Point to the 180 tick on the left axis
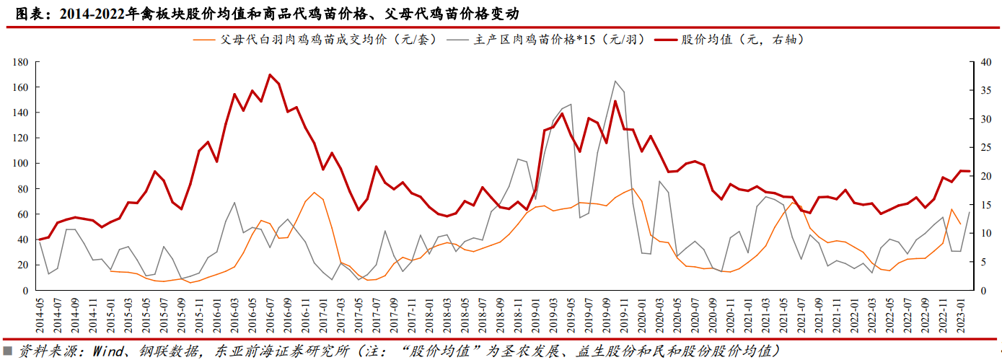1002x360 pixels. tap(19, 62)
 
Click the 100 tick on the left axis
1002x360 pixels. tap(19, 164)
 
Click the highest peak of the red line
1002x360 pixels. tap(270, 74)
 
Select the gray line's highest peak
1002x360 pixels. tap(615, 82)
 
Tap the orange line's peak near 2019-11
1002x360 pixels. tap(632, 189)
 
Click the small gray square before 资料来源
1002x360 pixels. tap(7, 351)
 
